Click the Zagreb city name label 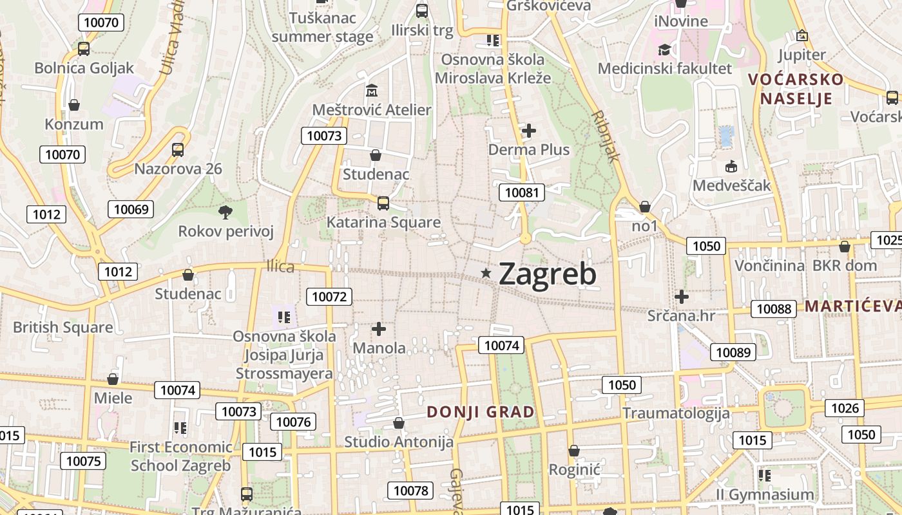547,274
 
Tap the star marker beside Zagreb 486,274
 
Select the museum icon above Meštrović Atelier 372,90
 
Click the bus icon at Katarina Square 383,203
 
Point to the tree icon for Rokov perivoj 225,211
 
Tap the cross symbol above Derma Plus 529,131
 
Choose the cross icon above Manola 379,329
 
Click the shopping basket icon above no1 644,207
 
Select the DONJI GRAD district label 481,412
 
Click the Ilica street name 280,267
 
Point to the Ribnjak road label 606,136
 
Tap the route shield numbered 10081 522,192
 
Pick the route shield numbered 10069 131,209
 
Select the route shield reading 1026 845,407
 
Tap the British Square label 63,327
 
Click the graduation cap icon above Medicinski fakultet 664,50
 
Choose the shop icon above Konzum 74,105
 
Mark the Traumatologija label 676,413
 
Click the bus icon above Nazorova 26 178,150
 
